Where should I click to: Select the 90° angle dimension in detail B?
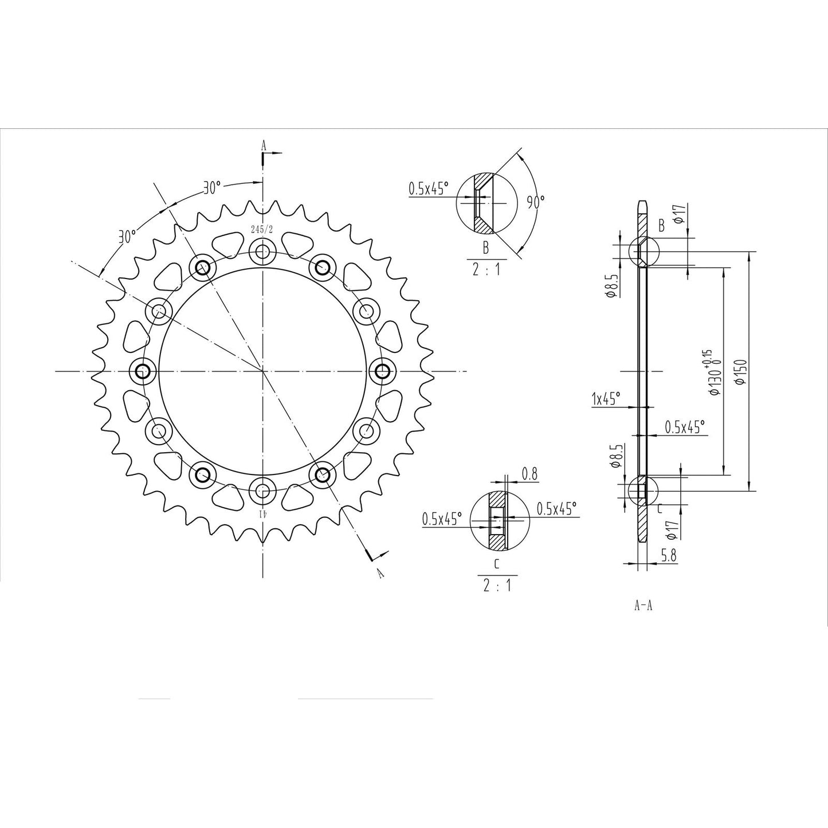tap(536, 202)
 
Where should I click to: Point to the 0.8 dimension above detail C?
tap(530, 474)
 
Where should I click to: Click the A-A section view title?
tap(643, 606)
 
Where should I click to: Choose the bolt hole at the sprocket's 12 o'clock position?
tap(263, 252)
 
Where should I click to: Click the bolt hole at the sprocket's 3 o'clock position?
tap(382, 371)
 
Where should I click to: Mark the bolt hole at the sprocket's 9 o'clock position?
tap(142, 371)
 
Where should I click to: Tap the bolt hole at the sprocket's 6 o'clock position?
tap(263, 490)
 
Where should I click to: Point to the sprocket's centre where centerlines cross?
tap(263, 371)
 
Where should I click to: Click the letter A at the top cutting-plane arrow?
tap(264, 146)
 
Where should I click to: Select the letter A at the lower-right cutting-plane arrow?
tap(379, 572)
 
